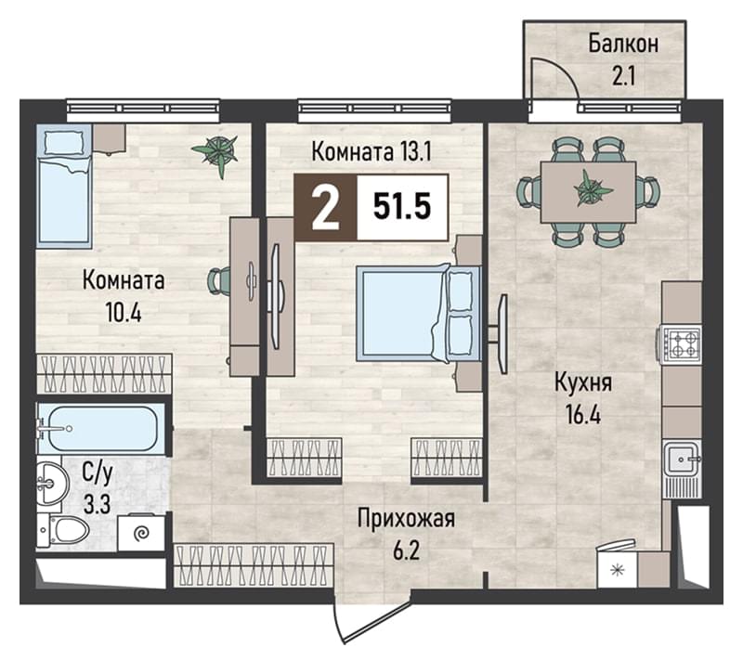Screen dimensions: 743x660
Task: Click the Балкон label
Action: [623, 44]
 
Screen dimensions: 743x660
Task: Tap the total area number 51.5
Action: [402, 207]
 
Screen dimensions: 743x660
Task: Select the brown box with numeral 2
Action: [326, 207]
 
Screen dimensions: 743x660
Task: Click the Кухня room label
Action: [583, 383]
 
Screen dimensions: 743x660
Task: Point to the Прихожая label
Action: [406, 518]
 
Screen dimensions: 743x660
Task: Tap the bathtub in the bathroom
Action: [102, 429]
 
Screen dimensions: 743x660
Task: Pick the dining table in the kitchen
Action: [588, 192]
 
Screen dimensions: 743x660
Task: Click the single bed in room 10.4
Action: [64, 186]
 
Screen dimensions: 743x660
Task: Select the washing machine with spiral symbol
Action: [141, 533]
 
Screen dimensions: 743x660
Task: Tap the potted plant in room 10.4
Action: [216, 150]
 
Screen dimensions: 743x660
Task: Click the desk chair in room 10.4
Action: [219, 280]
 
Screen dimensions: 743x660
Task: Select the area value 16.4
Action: [583, 415]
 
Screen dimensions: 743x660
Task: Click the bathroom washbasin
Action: [49, 484]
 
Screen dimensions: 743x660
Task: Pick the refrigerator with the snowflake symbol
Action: [617, 570]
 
